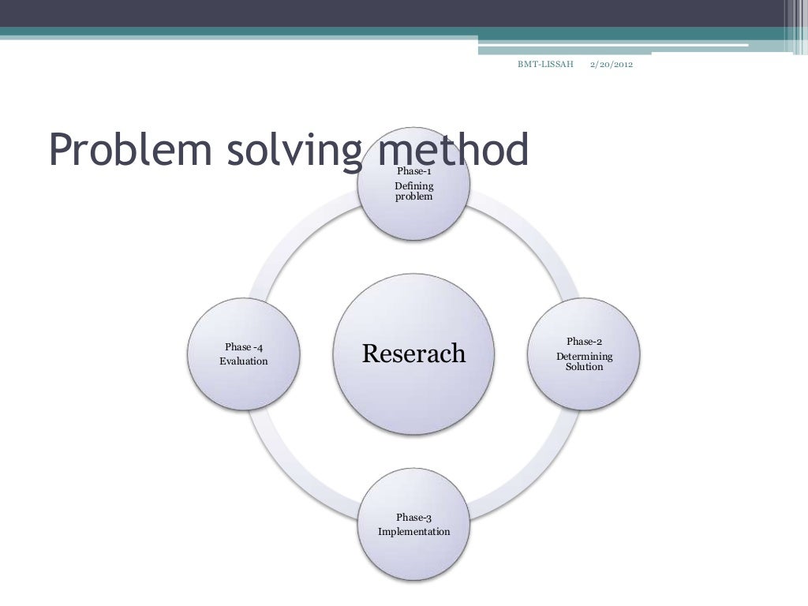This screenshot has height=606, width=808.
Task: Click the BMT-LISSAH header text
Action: (x=545, y=63)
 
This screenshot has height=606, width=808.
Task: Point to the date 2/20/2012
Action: (x=612, y=63)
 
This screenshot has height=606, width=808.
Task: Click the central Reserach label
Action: (x=413, y=353)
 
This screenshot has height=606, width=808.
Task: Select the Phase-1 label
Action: (x=413, y=170)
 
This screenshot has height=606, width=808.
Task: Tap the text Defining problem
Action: (x=413, y=191)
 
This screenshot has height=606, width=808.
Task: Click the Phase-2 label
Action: (x=584, y=341)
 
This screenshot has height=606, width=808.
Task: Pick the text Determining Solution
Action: (x=584, y=361)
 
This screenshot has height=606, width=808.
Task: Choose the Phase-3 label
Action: (x=413, y=518)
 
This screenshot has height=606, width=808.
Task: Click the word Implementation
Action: (x=413, y=532)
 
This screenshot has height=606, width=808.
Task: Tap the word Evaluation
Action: (x=243, y=361)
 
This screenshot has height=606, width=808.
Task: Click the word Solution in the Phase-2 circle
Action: (x=584, y=367)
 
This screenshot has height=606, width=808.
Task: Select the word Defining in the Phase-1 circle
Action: (x=413, y=186)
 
